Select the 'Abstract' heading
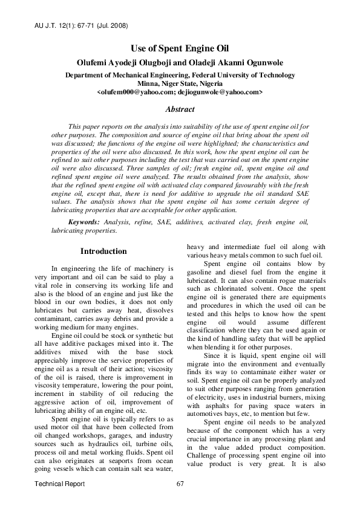(180, 109)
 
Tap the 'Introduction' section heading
(103, 251)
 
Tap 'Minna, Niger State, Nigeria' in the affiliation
(180, 83)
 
